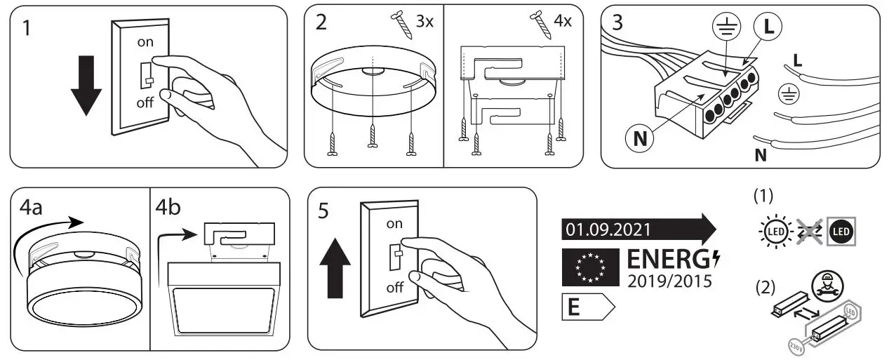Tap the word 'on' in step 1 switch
(145, 41)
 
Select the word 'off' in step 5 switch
(395, 288)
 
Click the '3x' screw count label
(425, 21)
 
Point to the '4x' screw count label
(562, 21)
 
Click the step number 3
(617, 22)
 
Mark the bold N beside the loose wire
(761, 155)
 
